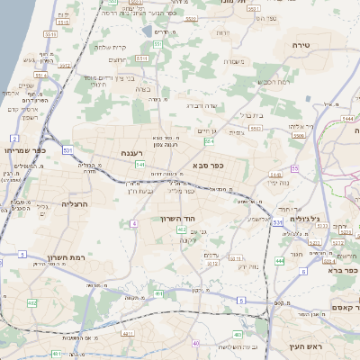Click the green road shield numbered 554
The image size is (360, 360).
[x=209, y=141]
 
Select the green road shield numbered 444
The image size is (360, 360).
[x=280, y=259]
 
